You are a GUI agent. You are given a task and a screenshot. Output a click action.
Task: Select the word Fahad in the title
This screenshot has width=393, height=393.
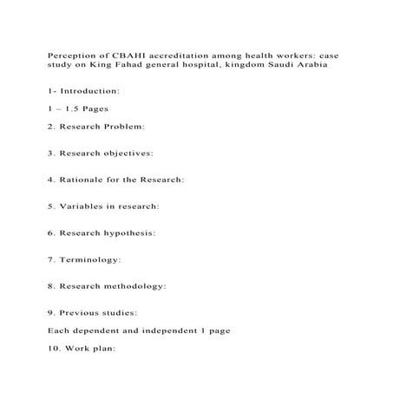pyautogui.click(x=133, y=64)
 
